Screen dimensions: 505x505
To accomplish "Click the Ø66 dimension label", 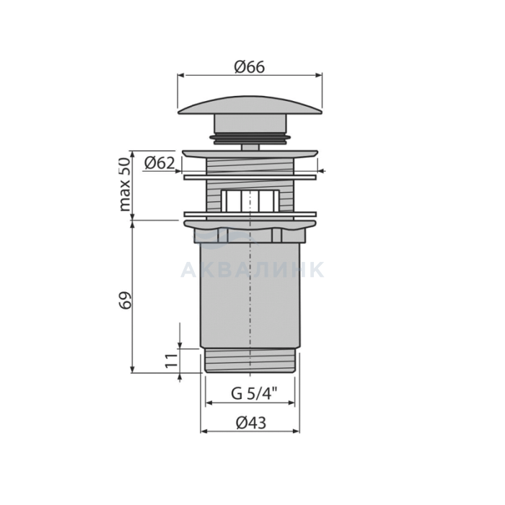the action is coord(250,67).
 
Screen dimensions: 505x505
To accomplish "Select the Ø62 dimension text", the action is coord(159,163).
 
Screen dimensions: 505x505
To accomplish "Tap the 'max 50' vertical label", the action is coord(126,185).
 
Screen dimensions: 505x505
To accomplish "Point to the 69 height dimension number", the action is coord(126,300).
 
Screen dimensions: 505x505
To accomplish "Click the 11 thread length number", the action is coord(172,361).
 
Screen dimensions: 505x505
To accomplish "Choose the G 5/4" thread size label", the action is coord(255,393).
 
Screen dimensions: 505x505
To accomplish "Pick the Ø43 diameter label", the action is coord(251,423).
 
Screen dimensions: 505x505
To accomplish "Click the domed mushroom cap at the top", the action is coord(250,105).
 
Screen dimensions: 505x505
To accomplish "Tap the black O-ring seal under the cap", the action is coord(250,138).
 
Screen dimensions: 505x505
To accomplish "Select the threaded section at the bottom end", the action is coord(250,361).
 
